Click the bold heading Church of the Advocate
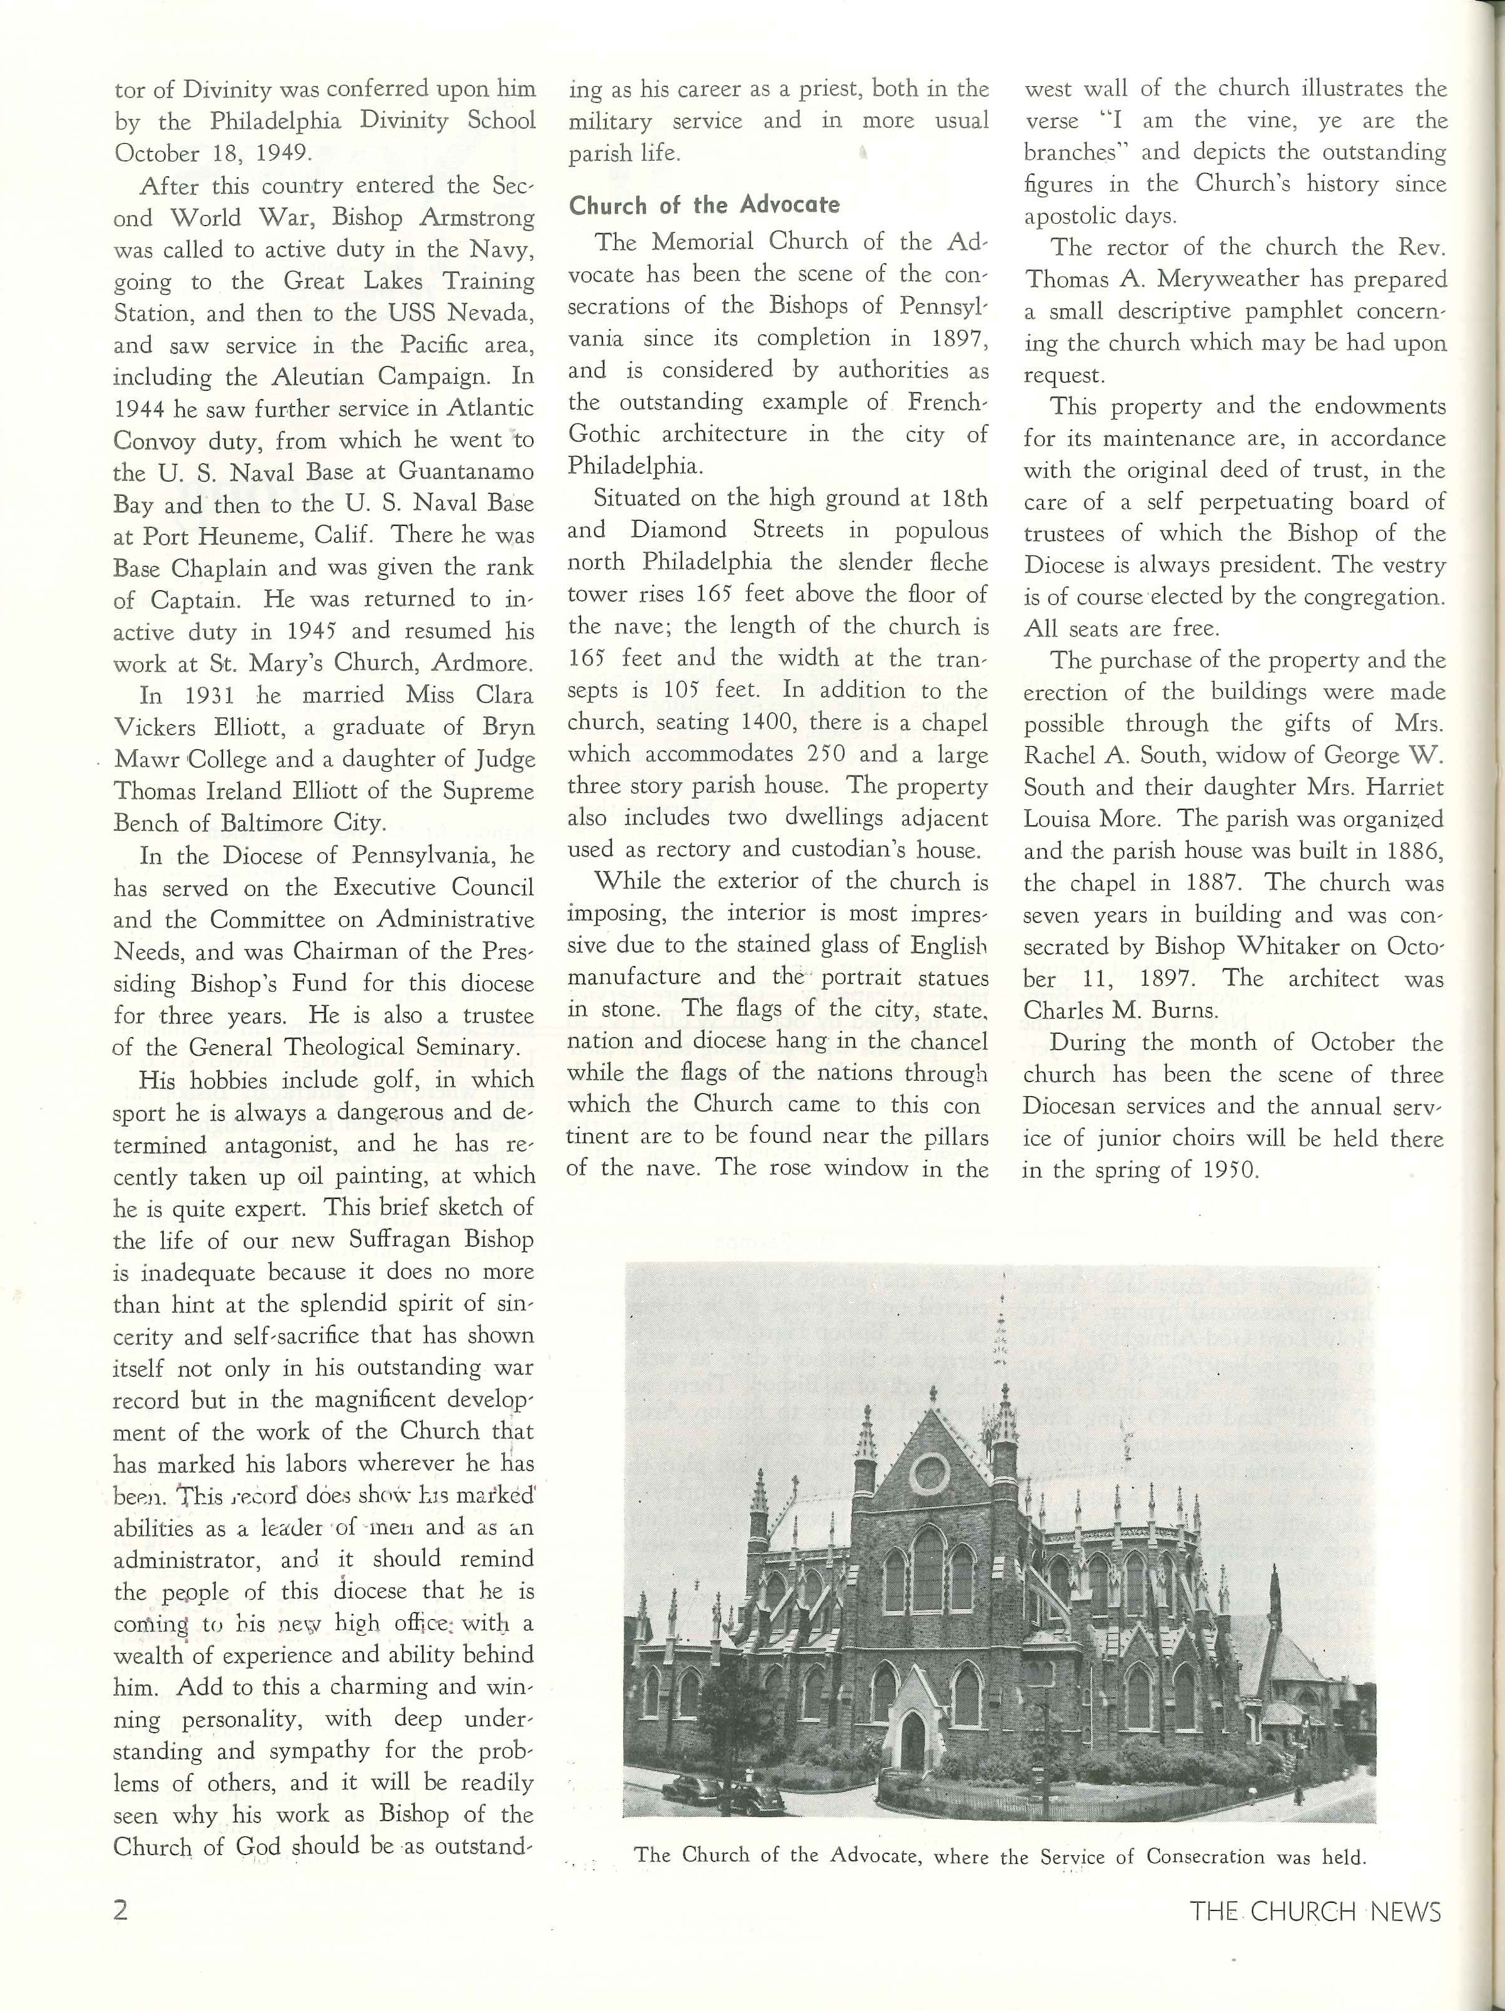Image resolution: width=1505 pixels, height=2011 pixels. (x=704, y=205)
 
